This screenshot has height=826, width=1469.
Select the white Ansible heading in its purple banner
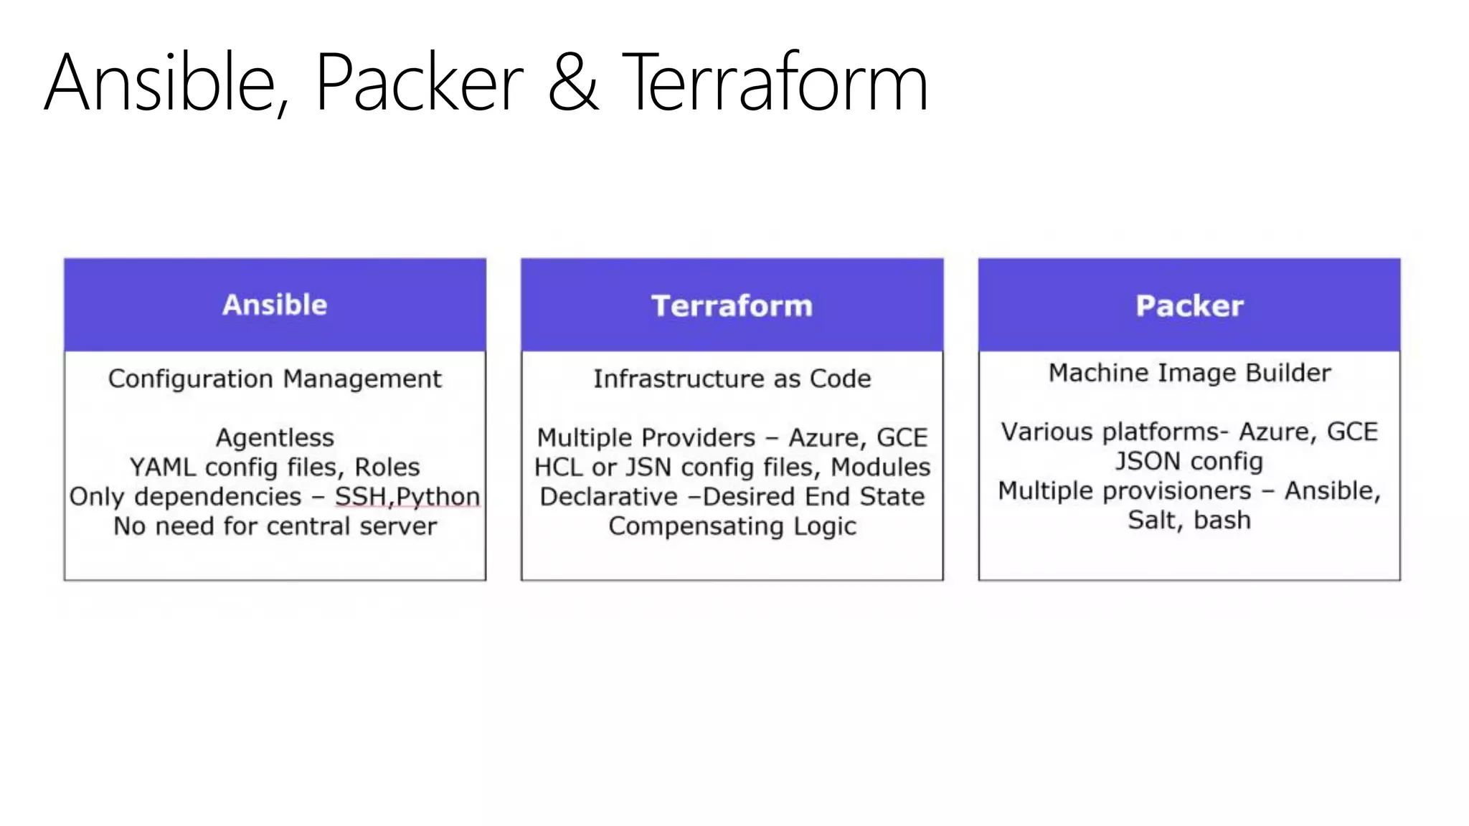[275, 305]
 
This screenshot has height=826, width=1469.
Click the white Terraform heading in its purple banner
[732, 306]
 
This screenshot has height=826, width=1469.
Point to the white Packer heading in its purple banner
[1189, 306]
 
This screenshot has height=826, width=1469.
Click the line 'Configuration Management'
[275, 379]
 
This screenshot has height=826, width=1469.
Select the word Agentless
[275, 438]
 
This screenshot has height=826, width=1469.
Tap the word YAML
[163, 467]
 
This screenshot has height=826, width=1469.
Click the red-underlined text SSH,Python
[407, 497]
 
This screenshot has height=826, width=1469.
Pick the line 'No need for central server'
[275, 526]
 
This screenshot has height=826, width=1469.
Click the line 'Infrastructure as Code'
[732, 379]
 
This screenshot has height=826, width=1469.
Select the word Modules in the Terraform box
[880, 467]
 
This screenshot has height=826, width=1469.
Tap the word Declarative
[608, 497]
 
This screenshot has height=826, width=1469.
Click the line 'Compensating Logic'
[732, 527]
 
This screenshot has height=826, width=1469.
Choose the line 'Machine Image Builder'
[1189, 373]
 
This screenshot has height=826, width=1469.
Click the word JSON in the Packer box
[1148, 461]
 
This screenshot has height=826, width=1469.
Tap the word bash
[1222, 521]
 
